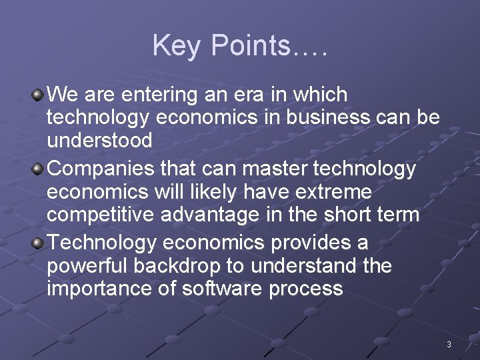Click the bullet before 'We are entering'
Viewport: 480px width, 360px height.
(x=39, y=95)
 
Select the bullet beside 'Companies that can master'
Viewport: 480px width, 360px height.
(x=39, y=169)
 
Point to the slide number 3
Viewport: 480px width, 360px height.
(x=449, y=345)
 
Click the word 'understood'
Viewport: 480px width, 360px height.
(x=99, y=140)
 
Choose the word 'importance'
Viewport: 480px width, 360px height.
(x=93, y=289)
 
